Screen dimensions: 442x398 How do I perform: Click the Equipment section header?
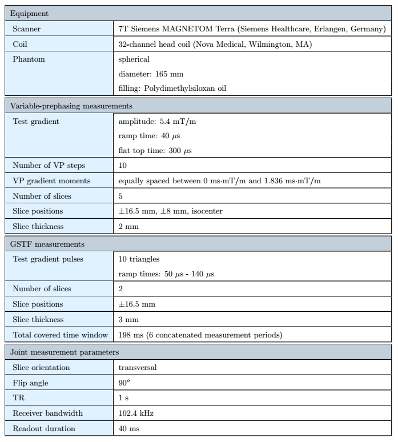pyautogui.click(x=27, y=11)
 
